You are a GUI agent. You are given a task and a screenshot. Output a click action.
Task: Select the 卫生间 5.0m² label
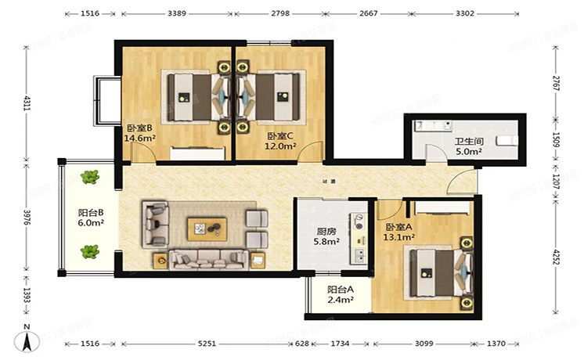pyautogui.click(x=468, y=147)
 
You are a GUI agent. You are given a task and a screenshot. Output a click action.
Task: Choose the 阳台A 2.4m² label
pyautogui.click(x=340, y=293)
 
